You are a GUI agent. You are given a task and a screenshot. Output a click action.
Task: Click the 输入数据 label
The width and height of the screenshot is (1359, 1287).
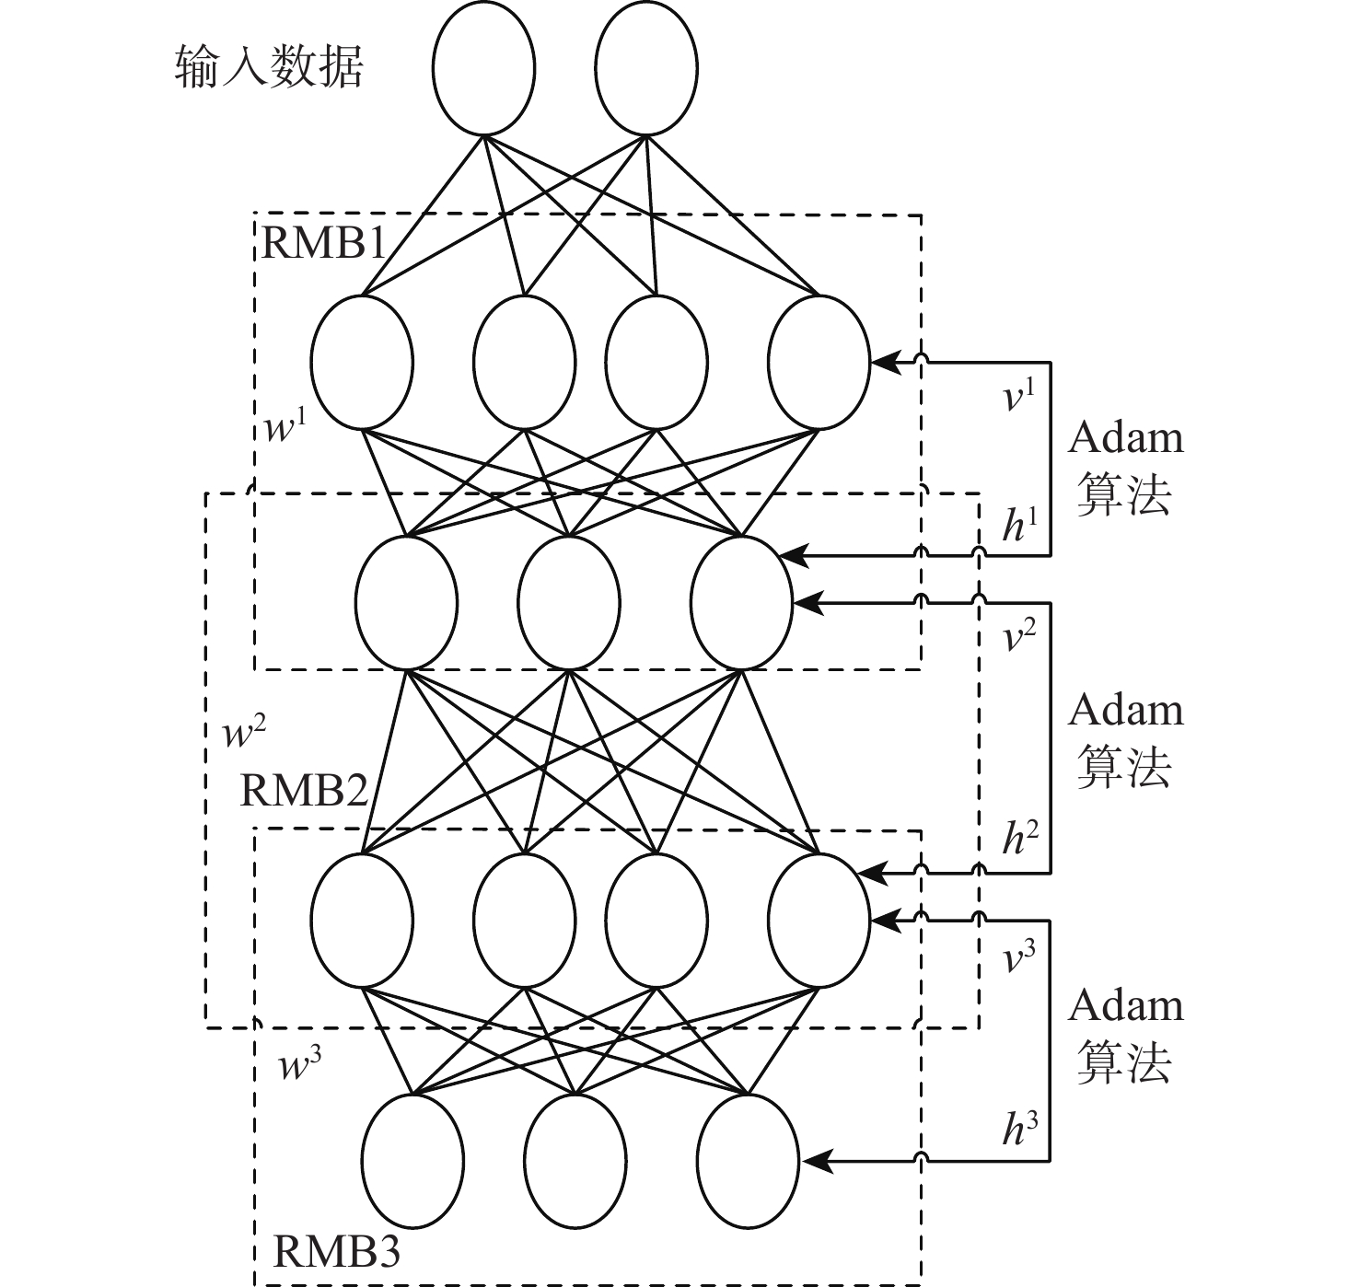(x=269, y=67)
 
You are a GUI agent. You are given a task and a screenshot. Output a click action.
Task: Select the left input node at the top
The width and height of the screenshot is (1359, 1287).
(x=483, y=68)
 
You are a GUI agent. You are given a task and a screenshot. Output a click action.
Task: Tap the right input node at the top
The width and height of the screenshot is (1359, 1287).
(x=646, y=68)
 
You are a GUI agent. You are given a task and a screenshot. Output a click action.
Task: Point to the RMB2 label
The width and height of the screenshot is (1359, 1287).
(x=303, y=790)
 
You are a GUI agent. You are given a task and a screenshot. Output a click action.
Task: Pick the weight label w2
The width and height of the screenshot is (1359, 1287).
(x=245, y=733)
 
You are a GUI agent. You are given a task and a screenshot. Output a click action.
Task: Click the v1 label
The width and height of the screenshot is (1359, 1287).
(x=1019, y=397)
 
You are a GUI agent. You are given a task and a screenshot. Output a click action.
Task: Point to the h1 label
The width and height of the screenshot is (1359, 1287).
(x=1019, y=526)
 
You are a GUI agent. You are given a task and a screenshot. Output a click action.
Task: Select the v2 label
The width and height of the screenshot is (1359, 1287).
(x=1019, y=636)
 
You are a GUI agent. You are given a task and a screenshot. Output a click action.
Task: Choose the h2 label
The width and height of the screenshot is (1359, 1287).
(x=1019, y=837)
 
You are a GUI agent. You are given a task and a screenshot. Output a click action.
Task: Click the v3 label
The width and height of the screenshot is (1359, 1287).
(x=1019, y=958)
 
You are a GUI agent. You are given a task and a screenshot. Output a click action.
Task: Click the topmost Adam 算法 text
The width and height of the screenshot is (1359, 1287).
(x=1125, y=466)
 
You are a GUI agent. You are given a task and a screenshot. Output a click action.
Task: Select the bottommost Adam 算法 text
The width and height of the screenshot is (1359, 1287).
(x=1125, y=1035)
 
